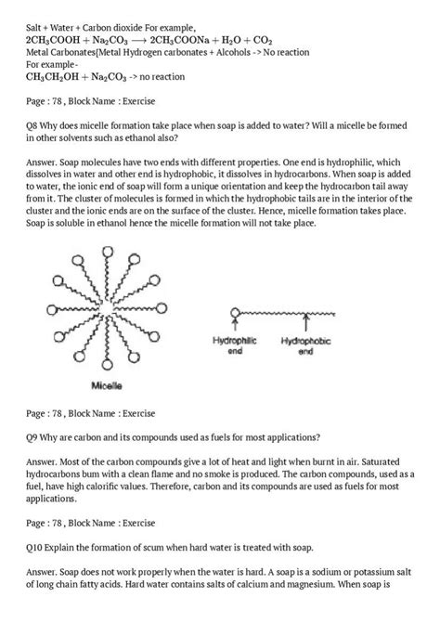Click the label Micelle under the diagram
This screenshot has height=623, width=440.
(x=110, y=383)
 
